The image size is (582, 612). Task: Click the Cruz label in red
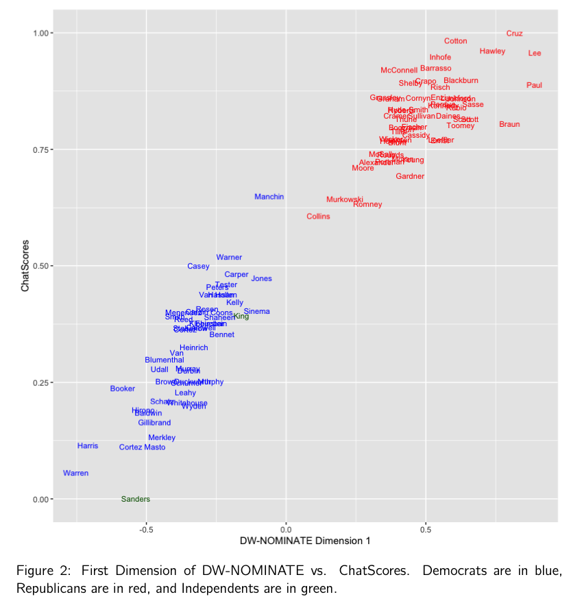(x=514, y=34)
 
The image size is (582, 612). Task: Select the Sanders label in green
(x=135, y=499)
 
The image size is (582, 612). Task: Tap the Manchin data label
(x=269, y=197)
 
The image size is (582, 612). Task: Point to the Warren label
(x=75, y=474)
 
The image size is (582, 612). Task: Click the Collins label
(x=318, y=217)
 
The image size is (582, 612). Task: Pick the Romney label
(x=367, y=204)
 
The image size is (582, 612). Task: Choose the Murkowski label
(x=344, y=199)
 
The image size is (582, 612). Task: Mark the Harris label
(x=88, y=446)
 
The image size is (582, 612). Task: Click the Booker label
(x=123, y=389)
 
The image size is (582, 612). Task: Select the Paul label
(x=534, y=86)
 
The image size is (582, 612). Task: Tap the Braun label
(x=509, y=125)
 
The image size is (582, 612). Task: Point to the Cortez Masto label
(x=142, y=448)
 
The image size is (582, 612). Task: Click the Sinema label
(x=256, y=312)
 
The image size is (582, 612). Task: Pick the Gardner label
(x=410, y=177)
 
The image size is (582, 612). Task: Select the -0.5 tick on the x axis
(x=145, y=529)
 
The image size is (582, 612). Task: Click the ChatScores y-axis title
(x=25, y=265)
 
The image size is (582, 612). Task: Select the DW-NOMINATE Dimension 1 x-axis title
(x=305, y=541)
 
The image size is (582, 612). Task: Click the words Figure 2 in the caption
(x=42, y=572)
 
